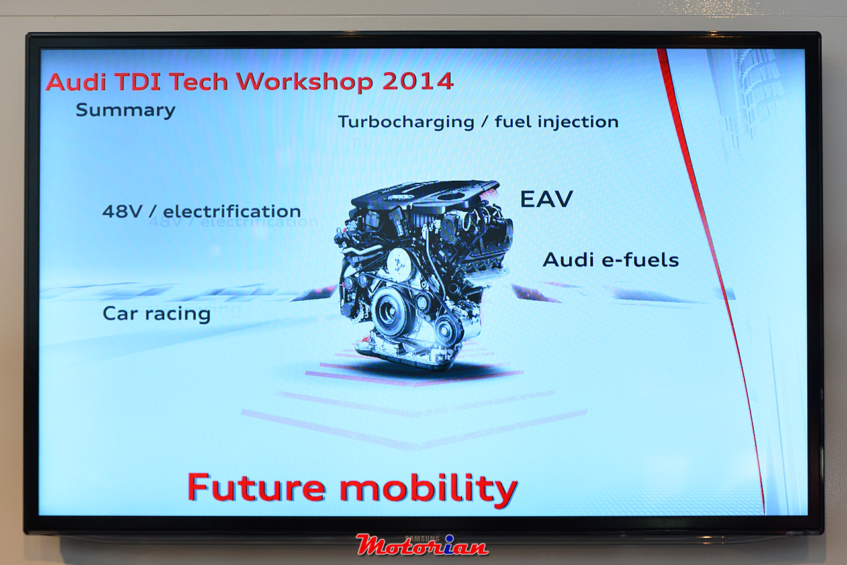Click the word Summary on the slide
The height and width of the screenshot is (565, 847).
[126, 111]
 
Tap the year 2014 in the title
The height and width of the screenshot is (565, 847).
[418, 81]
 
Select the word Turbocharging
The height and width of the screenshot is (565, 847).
[406, 123]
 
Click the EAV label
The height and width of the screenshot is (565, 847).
[547, 199]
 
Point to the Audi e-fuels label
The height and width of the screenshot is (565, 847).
[611, 260]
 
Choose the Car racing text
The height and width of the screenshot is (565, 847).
[157, 314]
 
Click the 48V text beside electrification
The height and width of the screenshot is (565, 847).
[122, 211]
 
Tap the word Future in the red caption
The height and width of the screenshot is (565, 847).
[256, 488]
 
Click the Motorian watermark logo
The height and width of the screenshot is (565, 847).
[422, 545]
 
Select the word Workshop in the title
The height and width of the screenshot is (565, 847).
[305, 82]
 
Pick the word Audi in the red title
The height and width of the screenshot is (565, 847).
[76, 81]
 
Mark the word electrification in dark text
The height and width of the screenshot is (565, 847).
[232, 211]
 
